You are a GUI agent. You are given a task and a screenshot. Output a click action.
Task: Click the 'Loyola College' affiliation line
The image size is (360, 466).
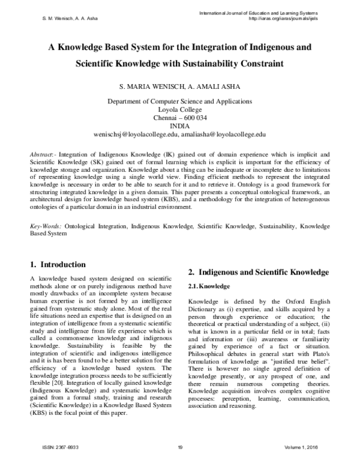pyautogui.click(x=179, y=110)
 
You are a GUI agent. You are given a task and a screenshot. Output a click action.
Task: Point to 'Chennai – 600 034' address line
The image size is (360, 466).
pyautogui.click(x=179, y=118)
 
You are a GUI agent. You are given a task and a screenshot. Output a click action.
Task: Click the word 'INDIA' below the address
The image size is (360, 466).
pyautogui.click(x=179, y=127)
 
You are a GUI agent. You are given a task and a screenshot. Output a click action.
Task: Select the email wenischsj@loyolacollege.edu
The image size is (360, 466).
pyautogui.click(x=136, y=135)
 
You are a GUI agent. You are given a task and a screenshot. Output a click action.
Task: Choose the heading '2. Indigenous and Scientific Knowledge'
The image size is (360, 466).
pyautogui.click(x=258, y=272)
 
